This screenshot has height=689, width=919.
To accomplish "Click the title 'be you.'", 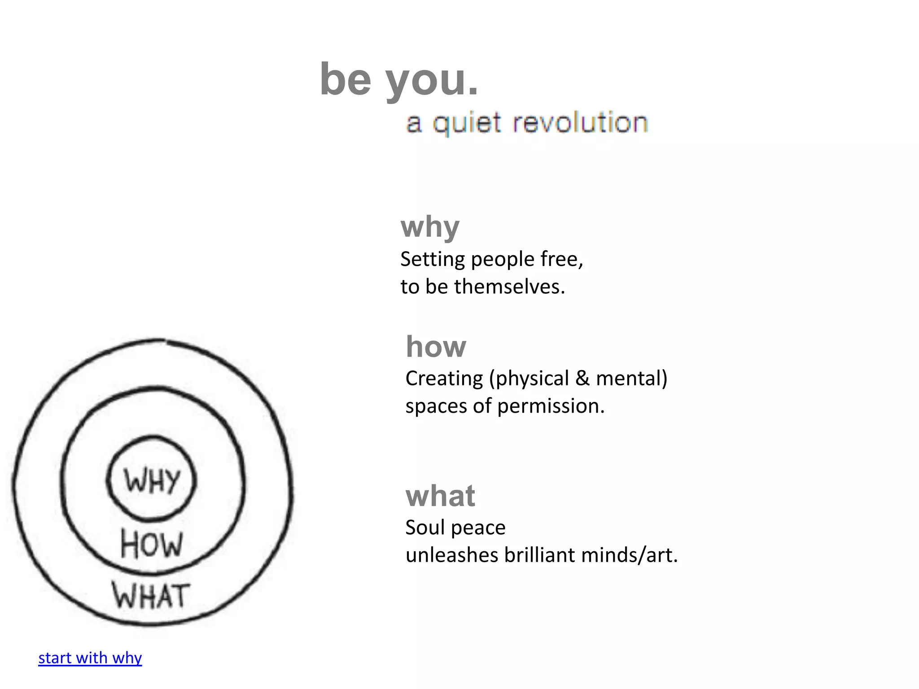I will [x=399, y=80].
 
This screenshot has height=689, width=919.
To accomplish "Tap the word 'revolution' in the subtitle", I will [x=580, y=122].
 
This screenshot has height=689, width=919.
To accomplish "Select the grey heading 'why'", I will [x=430, y=227].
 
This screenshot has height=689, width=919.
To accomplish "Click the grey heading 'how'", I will [x=436, y=347].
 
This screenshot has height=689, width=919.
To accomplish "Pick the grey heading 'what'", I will [x=440, y=496].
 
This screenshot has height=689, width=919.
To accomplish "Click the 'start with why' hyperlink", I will [x=90, y=658].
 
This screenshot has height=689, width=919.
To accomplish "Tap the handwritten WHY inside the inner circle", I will [x=152, y=481].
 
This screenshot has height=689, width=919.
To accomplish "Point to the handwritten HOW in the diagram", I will [x=152, y=544].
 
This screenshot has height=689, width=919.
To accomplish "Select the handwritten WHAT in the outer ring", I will [x=151, y=596].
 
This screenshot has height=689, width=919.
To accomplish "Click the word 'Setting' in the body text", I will [x=433, y=260].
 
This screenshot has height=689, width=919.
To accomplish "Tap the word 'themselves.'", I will [x=509, y=287].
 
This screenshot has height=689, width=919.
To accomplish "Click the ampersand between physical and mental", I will [x=582, y=378].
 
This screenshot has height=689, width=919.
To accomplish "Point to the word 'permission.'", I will [x=551, y=406].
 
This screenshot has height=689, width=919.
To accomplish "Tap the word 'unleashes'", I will [x=452, y=555].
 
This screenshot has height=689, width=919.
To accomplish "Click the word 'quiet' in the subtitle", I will [x=467, y=123].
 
